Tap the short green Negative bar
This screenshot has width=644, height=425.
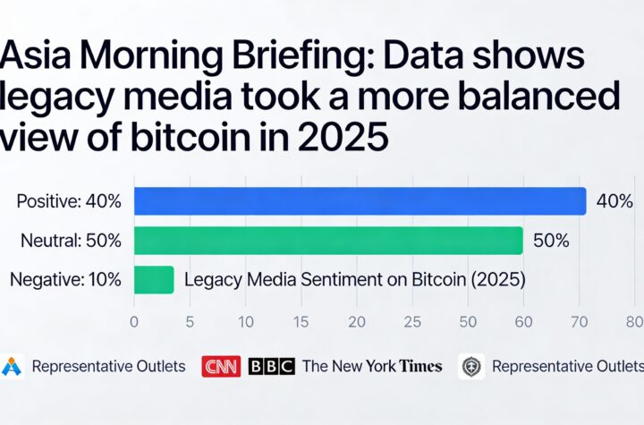[154, 279]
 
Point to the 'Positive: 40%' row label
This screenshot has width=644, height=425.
[69, 201]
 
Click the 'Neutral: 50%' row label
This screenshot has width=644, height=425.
[72, 241]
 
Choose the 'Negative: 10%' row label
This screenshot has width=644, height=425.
[65, 279]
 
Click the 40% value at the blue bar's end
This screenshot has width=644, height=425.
[614, 201]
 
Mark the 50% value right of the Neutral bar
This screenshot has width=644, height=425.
[551, 241]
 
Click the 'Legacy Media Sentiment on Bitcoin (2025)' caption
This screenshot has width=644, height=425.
[354, 279]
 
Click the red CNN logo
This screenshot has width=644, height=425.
[221, 366]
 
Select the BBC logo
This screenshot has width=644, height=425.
[271, 366]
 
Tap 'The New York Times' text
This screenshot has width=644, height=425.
[371, 366]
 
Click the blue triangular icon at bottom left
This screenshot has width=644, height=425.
[12, 366]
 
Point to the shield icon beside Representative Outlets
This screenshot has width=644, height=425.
[471, 366]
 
